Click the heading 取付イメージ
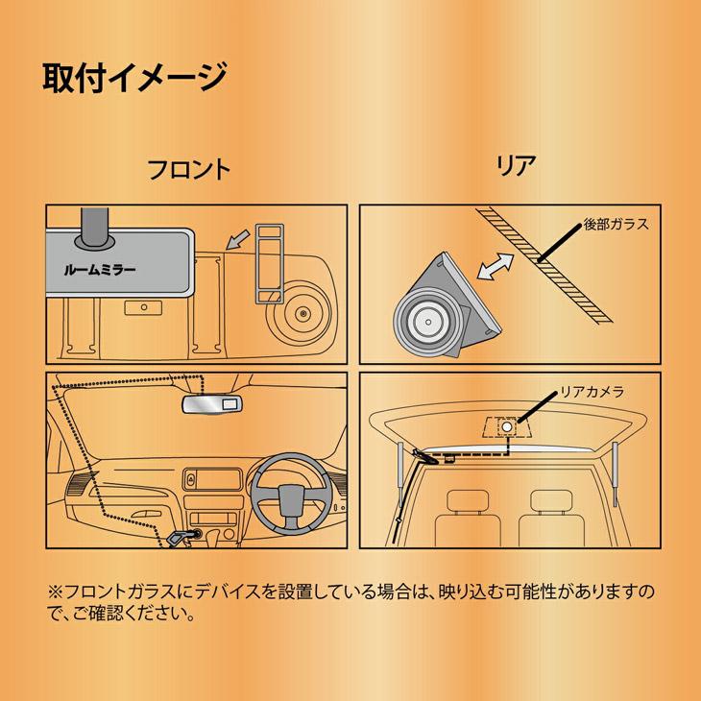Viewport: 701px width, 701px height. pos(133,76)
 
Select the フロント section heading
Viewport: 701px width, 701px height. pos(187,170)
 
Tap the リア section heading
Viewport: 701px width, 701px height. pos(516,164)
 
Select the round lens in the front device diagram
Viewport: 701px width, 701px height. pos(303,312)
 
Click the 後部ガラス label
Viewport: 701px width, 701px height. pos(616,227)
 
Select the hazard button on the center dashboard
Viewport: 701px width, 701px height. pos(194,478)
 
